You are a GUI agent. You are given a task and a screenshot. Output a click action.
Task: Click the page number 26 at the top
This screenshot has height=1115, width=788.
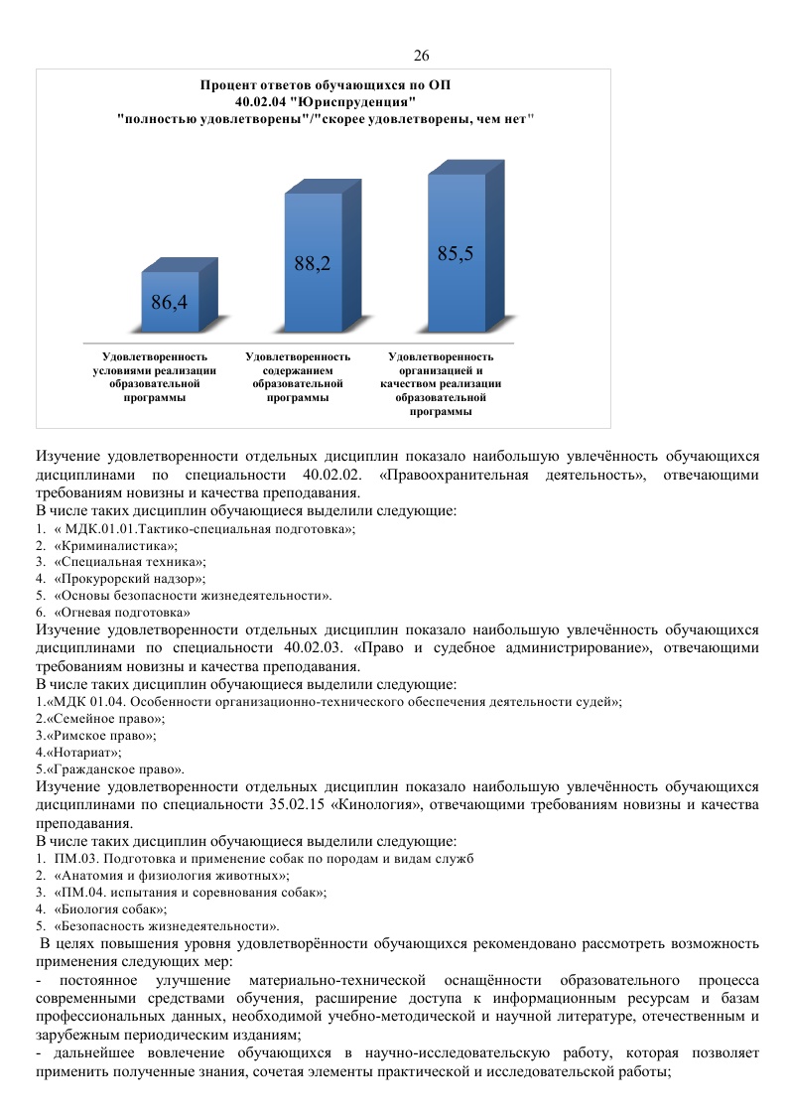click(x=421, y=55)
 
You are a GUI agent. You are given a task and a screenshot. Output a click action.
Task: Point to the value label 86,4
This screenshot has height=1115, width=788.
click(x=170, y=303)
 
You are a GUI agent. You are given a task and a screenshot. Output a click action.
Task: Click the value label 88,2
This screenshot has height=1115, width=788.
click(x=312, y=263)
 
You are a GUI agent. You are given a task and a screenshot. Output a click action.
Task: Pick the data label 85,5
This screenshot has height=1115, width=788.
click(x=456, y=253)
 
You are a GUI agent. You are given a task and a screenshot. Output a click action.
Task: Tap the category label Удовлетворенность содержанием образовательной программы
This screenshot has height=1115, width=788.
click(x=298, y=376)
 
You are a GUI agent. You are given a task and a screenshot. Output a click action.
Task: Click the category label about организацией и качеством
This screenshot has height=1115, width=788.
click(x=441, y=383)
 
